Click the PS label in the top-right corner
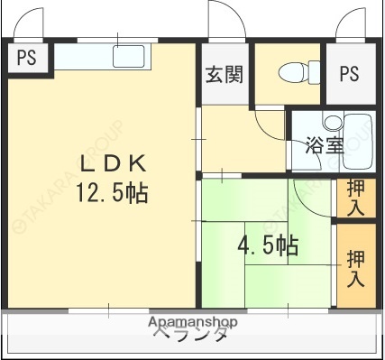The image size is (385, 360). point(349,74)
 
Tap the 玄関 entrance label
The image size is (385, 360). point(223,75)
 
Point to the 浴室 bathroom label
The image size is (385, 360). point(325,144)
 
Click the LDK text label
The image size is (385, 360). point(114,163)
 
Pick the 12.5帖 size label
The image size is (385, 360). point(112,192)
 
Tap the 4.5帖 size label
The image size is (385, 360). point(268,245)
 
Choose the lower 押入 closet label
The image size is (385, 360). point(355,267)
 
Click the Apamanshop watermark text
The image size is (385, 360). point(192,322)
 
